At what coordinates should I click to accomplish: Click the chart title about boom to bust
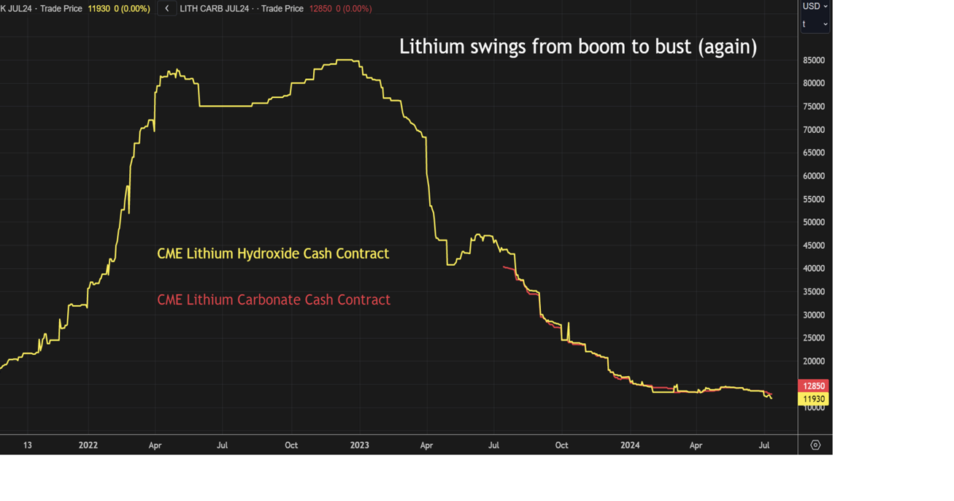[577, 47]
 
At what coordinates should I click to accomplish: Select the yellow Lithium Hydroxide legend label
[273, 253]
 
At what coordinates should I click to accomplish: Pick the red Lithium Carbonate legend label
[274, 299]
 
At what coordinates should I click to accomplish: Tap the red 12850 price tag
[814, 386]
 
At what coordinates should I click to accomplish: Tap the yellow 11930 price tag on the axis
[814, 399]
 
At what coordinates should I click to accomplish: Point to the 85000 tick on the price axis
[814, 61]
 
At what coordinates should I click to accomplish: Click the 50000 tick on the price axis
[814, 223]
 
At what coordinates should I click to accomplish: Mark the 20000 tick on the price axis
[814, 362]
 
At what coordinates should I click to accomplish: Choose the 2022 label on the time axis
[88, 445]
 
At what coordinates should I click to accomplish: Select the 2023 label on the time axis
[359, 445]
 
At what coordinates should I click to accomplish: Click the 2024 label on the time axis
[630, 445]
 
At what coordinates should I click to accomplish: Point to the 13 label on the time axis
[27, 445]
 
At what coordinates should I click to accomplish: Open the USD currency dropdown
[815, 7]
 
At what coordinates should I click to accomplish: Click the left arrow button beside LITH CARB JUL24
[167, 9]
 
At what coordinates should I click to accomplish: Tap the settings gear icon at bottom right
[815, 445]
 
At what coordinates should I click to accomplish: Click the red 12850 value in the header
[321, 9]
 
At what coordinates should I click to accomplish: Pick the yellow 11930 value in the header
[99, 9]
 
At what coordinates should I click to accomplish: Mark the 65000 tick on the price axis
[814, 153]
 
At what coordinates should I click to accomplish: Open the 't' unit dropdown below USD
[815, 24]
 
